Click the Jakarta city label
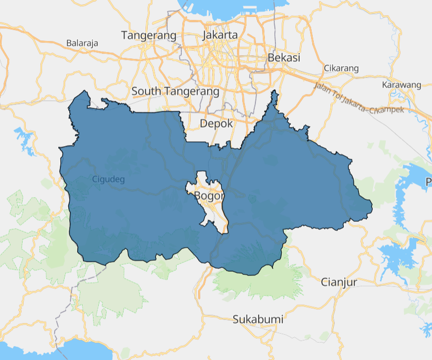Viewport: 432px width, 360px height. tap(220, 35)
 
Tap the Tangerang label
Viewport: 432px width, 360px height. tap(148, 35)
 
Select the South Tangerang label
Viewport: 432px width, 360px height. tap(175, 91)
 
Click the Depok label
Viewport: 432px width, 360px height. tap(216, 124)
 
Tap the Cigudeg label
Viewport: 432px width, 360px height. tap(108, 179)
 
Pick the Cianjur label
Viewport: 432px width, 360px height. tap(339, 282)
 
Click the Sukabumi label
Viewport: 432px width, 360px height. tap(258, 319)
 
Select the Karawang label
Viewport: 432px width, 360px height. tap(402, 85)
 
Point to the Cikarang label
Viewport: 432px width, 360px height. tap(341, 68)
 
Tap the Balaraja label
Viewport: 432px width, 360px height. tap(83, 43)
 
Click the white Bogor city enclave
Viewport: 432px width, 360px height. tap(215, 210)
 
